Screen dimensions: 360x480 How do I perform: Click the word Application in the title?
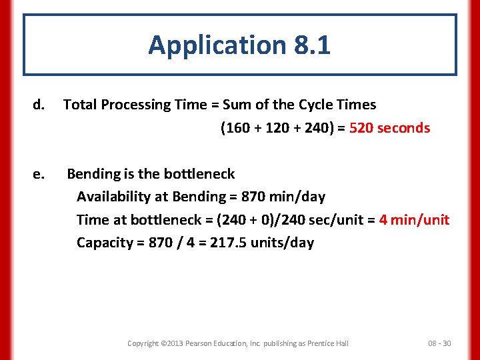217,45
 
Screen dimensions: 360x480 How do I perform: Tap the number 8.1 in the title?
311,45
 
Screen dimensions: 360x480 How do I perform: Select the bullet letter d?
39,105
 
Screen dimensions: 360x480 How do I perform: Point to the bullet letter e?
39,174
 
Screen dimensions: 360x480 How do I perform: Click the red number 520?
361,128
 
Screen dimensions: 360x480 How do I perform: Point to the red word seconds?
404,128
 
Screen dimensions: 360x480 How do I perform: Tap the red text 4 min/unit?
414,220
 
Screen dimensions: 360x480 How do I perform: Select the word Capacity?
104,243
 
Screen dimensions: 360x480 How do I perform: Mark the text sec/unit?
329,220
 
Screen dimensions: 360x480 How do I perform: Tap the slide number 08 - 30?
439,343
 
